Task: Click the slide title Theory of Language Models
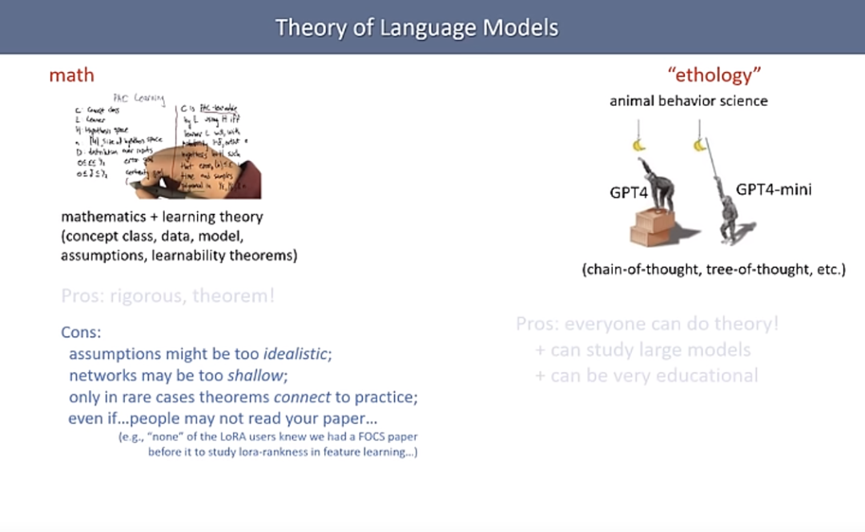pos(416,27)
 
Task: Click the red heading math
pos(71,75)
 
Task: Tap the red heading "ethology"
pos(714,75)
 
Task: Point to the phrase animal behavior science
pos(688,101)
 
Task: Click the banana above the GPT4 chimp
pos(639,144)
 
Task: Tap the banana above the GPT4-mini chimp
pos(700,145)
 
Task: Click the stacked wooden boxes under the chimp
pos(654,227)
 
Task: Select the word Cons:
pos(81,332)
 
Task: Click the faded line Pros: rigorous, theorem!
pos(168,296)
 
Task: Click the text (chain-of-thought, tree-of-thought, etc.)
pos(713,269)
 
